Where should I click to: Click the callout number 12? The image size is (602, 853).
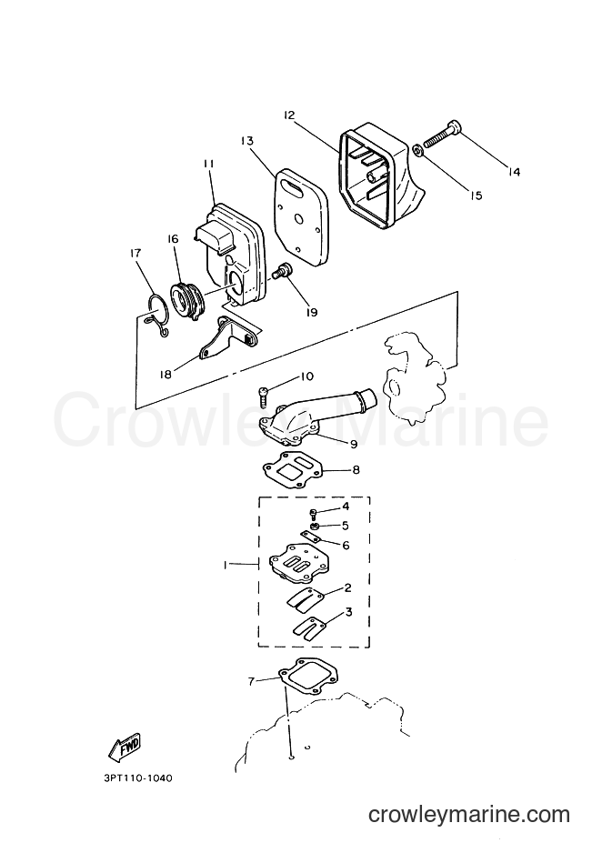click(x=288, y=115)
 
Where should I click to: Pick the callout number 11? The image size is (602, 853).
click(x=208, y=164)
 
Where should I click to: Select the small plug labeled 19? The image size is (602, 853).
click(x=282, y=270)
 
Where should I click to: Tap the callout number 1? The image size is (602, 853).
click(x=224, y=565)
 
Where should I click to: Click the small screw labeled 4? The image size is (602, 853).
click(x=313, y=515)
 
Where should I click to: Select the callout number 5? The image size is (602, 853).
click(x=346, y=525)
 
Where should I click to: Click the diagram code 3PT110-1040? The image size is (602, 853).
click(x=133, y=778)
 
